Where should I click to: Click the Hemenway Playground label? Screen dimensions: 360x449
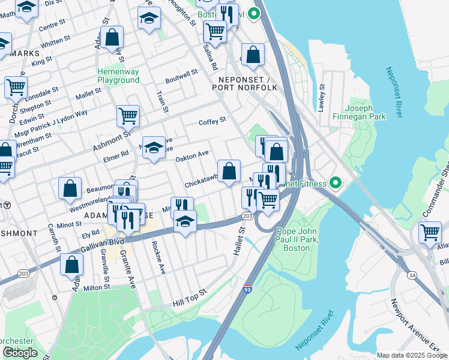coord(118,76)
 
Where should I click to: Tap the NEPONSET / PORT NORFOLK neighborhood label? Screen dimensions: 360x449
coord(245,83)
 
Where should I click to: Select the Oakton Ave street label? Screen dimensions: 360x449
coord(191,157)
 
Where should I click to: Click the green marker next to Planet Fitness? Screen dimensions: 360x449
coord(335,183)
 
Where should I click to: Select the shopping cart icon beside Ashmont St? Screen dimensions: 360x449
coord(128,115)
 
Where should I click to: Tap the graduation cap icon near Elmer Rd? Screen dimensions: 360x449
coord(154,148)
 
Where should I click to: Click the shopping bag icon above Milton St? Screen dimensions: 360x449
coord(71,264)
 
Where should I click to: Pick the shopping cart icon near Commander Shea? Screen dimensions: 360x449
coord(430,232)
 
